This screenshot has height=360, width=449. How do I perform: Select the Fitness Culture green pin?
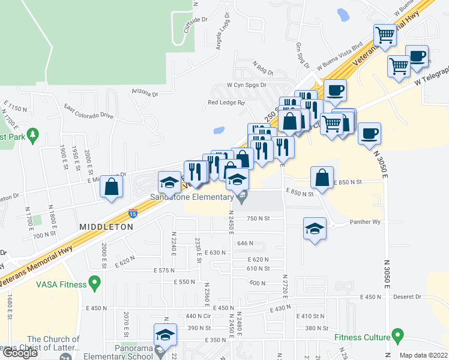(x=397, y=334)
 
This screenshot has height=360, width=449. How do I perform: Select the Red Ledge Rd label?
(x=227, y=103)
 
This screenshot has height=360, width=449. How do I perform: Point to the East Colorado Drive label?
(x=89, y=112)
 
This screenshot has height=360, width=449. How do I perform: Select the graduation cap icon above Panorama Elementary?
(x=165, y=335)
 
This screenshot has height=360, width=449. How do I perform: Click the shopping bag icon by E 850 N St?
(x=322, y=177)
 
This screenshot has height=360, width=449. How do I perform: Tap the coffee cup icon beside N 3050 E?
(x=369, y=132)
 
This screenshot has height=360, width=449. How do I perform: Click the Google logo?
(x=20, y=353)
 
